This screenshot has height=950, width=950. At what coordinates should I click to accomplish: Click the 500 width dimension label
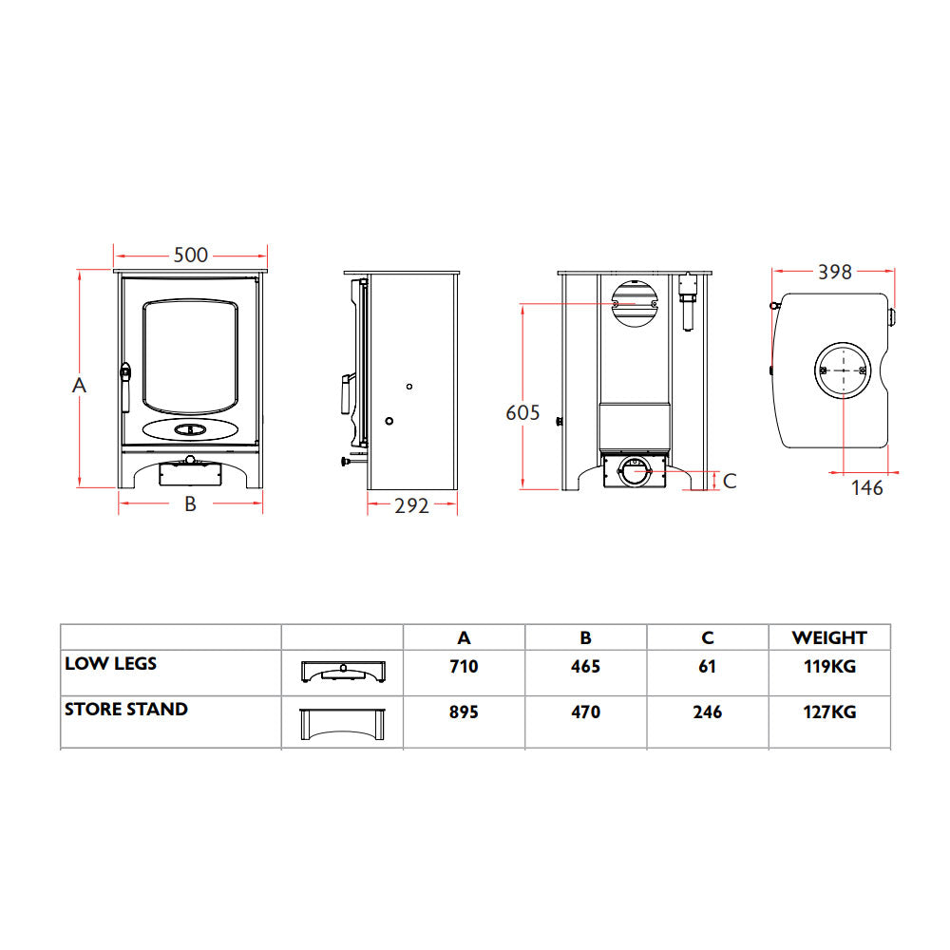click(x=190, y=256)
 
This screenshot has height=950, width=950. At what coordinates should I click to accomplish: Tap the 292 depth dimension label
click(x=412, y=505)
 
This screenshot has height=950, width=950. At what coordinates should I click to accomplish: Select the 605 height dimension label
click(x=522, y=412)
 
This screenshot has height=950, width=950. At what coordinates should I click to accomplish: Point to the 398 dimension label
click(x=835, y=273)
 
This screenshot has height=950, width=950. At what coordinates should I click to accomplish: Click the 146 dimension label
click(x=866, y=488)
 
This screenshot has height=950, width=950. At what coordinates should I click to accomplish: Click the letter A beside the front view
click(x=80, y=386)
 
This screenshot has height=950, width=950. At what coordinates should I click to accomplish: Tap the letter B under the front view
click(x=190, y=504)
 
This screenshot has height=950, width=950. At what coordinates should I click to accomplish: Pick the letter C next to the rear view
click(x=729, y=481)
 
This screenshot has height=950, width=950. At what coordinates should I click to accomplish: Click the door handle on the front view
click(x=123, y=384)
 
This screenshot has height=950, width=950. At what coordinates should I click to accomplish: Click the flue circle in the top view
click(x=842, y=369)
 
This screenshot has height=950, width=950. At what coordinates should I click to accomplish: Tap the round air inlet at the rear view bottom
click(x=634, y=467)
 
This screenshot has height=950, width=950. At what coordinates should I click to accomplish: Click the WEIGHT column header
click(x=828, y=637)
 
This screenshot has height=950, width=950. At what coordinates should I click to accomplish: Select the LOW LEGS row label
click(x=110, y=663)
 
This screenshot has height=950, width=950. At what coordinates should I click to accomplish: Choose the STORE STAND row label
click(x=125, y=709)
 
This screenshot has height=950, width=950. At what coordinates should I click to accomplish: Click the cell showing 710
click(x=464, y=667)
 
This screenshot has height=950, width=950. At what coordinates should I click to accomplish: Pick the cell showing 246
click(x=707, y=712)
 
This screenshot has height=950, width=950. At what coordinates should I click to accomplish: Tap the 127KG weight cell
click(x=829, y=712)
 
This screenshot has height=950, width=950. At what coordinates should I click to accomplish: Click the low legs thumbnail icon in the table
click(x=342, y=671)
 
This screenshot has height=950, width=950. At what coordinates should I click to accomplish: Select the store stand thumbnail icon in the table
click(x=342, y=723)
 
